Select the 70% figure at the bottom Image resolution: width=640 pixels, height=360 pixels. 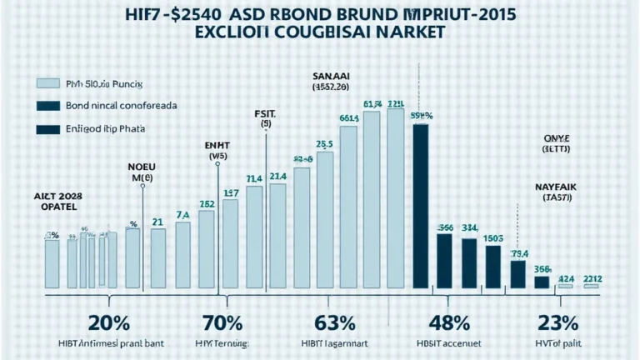point(222,323)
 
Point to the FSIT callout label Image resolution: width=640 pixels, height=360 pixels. point(267,116)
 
